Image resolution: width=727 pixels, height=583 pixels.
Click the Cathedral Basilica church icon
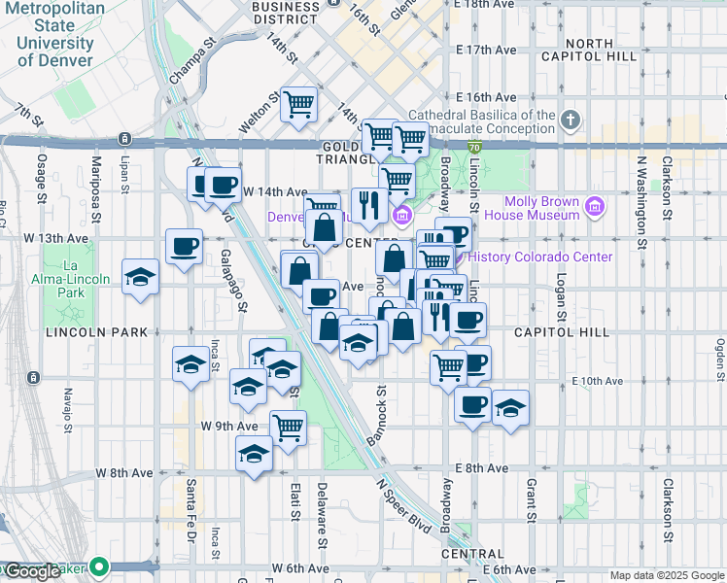coord(570,121)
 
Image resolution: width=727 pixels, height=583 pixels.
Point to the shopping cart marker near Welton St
coord(299,103)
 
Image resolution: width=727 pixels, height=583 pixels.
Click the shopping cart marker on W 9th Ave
coord(289,427)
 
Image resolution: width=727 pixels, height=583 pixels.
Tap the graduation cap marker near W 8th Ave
coord(255,454)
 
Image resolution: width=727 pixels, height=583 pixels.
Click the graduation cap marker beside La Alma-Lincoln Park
coord(141,276)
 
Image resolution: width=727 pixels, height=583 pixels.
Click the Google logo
coord(32,571)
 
